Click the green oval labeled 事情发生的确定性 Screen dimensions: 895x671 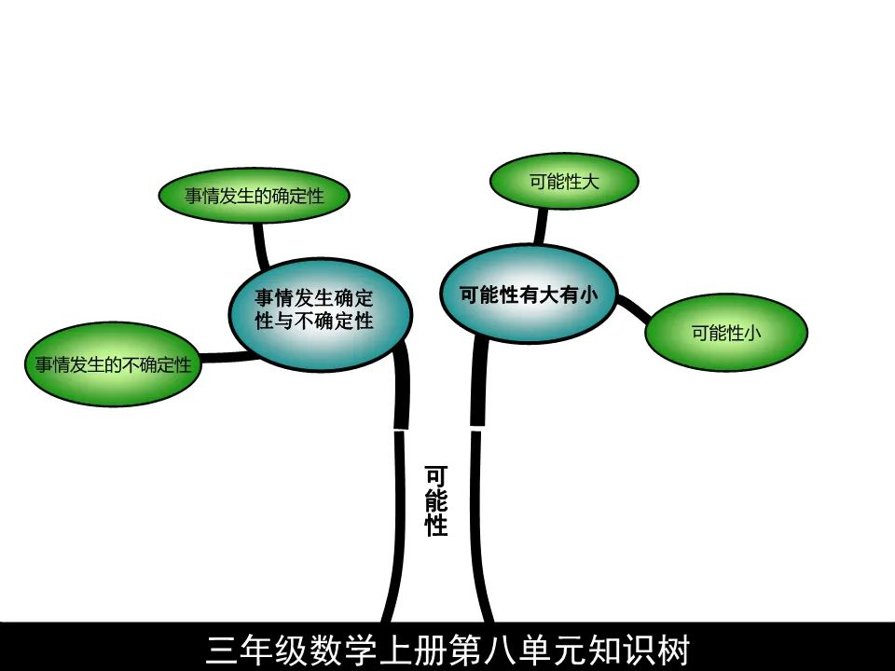click(x=254, y=197)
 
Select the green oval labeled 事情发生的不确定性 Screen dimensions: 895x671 click(x=113, y=364)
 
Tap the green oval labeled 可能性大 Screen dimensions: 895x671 click(x=563, y=182)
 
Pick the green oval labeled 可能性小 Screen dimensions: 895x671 click(x=725, y=333)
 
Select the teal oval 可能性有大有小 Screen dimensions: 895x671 click(x=528, y=294)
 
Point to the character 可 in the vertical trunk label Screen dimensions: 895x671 click(x=435, y=476)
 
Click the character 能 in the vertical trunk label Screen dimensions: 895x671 click(x=435, y=501)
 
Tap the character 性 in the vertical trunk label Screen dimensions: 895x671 click(x=435, y=526)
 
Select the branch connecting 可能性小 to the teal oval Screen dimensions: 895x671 click(x=635, y=308)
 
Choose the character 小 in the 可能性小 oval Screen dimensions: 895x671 click(x=751, y=333)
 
